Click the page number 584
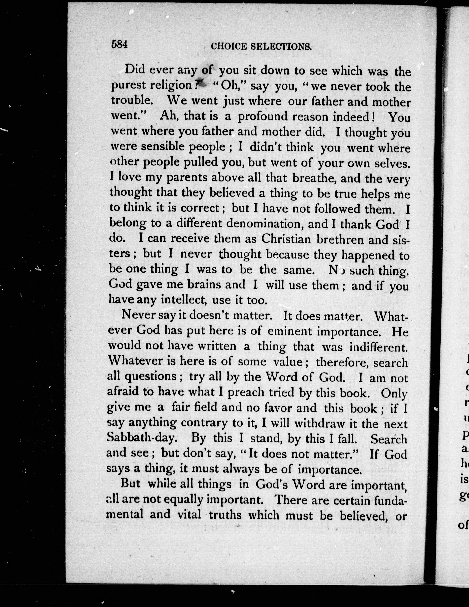point(119,44)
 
